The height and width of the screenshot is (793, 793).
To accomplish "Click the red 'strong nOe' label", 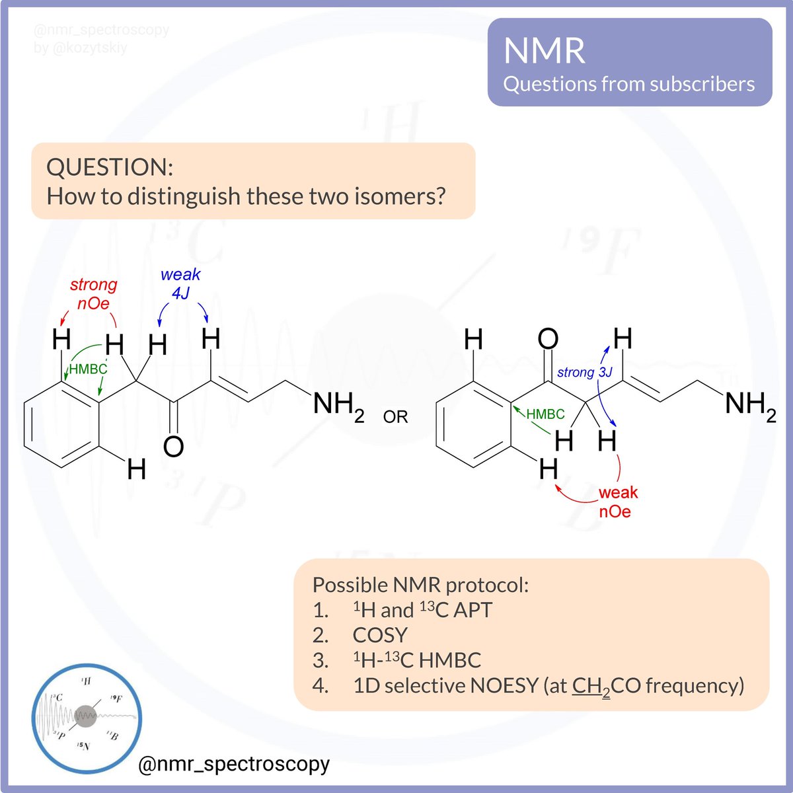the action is click(93, 294).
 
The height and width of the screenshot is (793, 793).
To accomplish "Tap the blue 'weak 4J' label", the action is click(180, 283).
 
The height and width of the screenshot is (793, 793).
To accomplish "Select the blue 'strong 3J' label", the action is click(585, 372).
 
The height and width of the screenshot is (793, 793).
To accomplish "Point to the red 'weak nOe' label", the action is click(617, 502).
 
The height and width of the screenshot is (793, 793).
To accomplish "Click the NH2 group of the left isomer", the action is click(338, 404).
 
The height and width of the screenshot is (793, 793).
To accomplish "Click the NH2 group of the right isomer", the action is click(750, 404).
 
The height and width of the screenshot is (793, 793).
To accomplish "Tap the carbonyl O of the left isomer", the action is click(173, 447).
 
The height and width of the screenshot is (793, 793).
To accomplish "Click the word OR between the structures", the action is click(395, 417).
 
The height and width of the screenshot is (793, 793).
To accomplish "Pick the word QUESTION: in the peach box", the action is click(110, 167).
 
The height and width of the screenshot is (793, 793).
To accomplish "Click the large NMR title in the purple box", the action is click(544, 51).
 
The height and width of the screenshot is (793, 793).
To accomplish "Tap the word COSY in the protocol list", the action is click(380, 635).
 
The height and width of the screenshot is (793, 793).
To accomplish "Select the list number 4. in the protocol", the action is click(321, 685).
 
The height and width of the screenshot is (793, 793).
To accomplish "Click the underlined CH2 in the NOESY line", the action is click(591, 686).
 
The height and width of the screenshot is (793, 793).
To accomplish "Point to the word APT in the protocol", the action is click(472, 610).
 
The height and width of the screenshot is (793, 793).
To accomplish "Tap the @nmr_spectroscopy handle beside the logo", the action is click(234, 764).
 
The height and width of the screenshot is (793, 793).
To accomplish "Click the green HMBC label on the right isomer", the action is click(545, 414).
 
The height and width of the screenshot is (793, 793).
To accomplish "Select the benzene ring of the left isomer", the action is click(61, 424).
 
